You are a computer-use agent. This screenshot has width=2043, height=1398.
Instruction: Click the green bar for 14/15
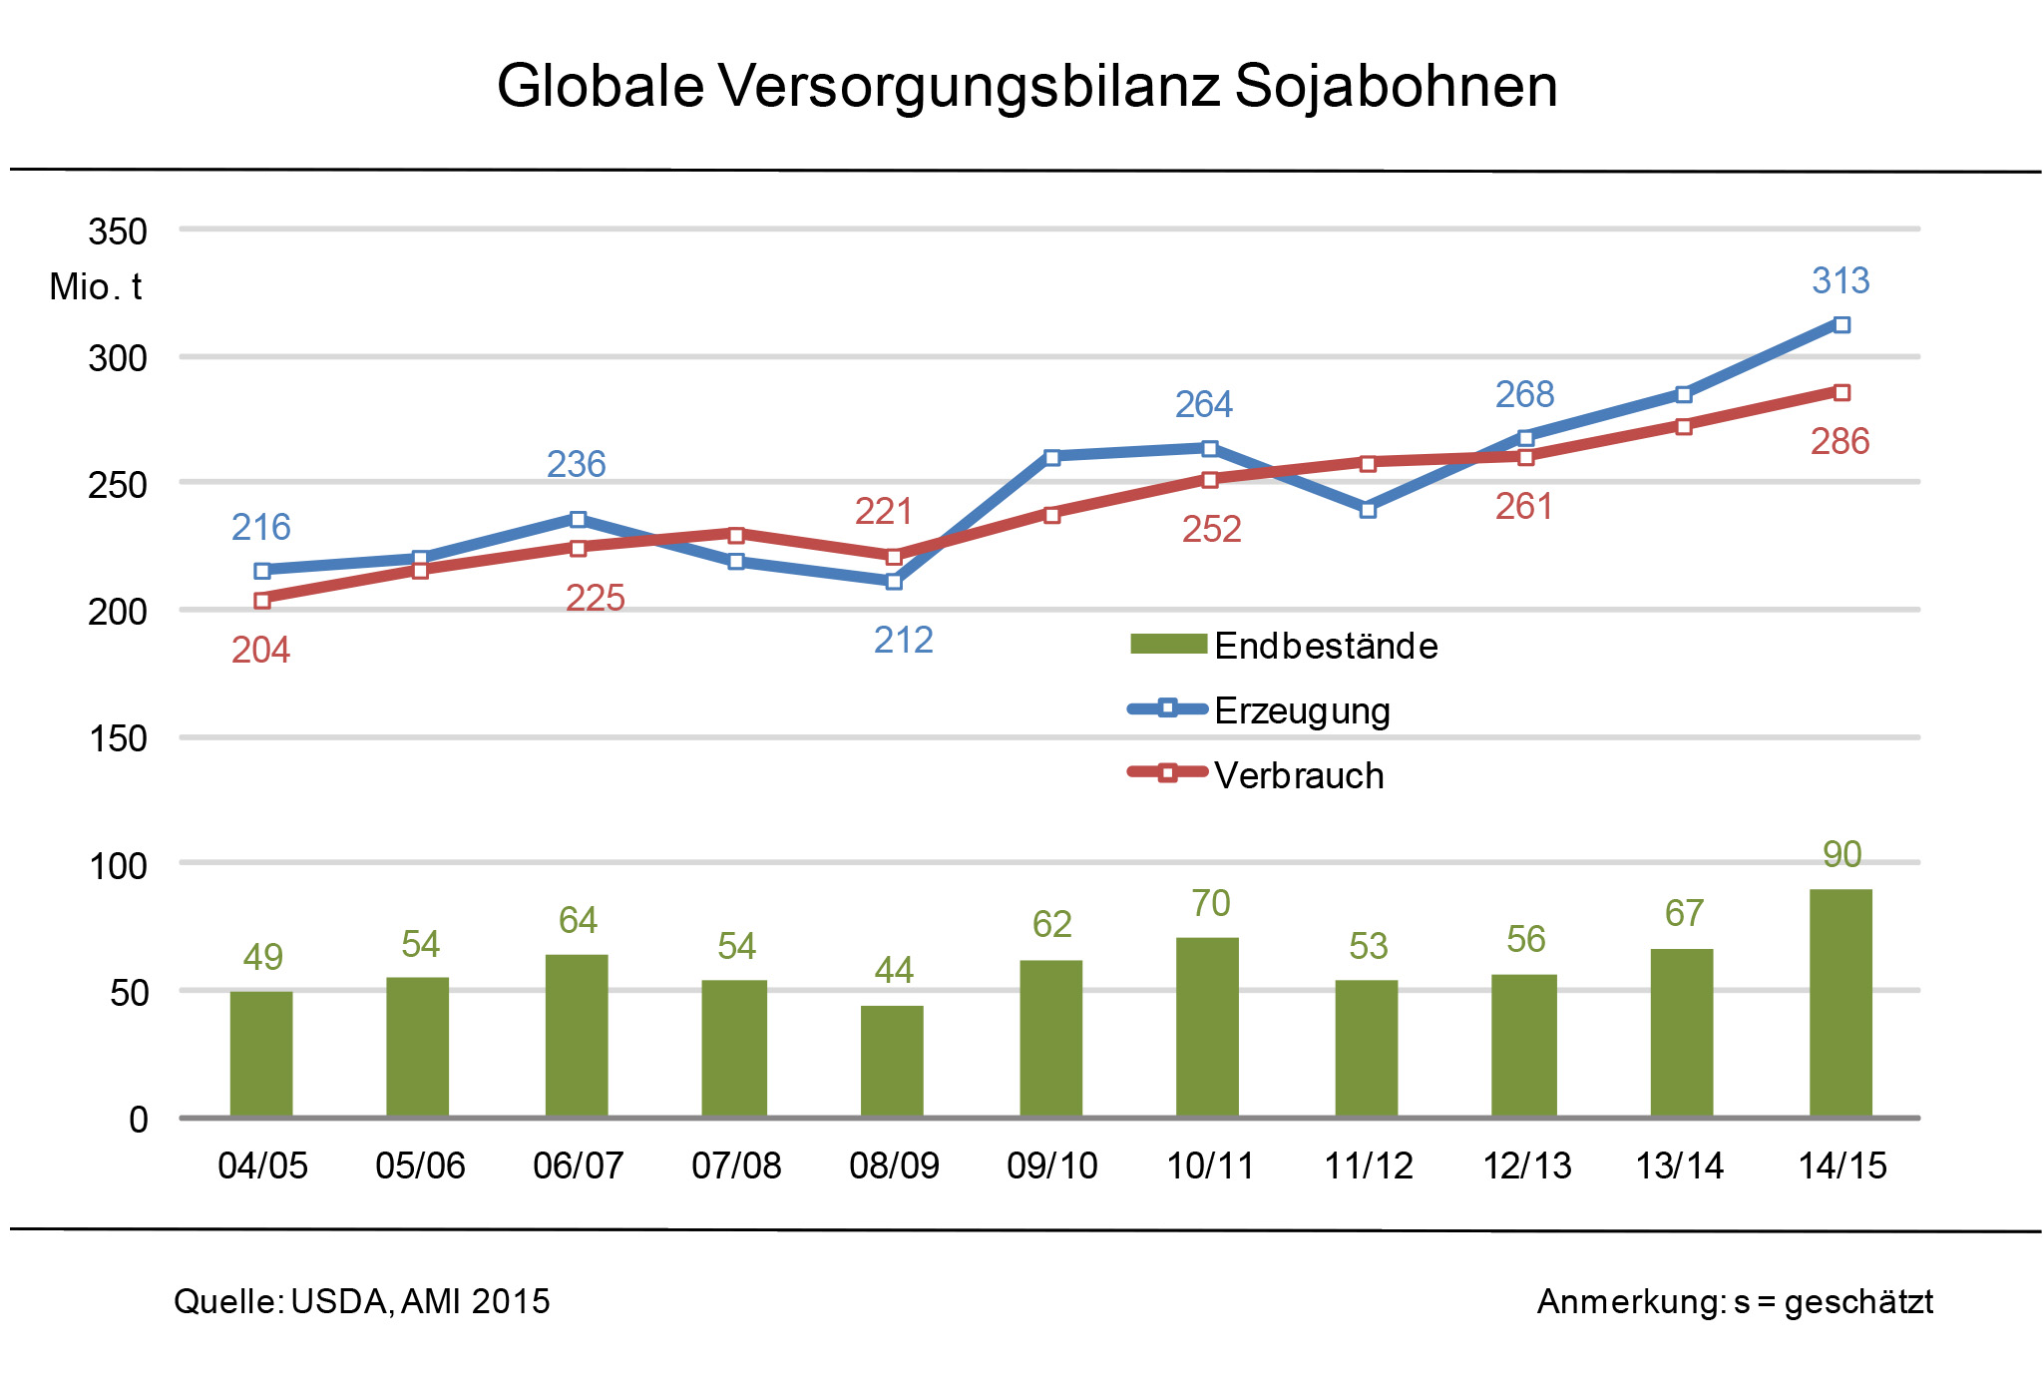pos(1840,1002)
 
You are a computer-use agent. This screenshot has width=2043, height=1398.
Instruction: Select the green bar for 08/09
pos(892,1061)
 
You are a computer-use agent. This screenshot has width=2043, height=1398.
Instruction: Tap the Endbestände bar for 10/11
pos(1207,1027)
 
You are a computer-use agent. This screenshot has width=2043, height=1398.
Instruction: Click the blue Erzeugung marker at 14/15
pos(1841,325)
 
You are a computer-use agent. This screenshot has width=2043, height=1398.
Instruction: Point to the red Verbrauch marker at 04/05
pos(262,600)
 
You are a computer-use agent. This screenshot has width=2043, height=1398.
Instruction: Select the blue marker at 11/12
pos(1368,510)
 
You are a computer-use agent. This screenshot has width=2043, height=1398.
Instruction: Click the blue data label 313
pos(1840,281)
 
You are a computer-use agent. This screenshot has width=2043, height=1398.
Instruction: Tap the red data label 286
pos(1839,441)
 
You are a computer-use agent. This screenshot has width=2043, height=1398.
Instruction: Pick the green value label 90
pos(1841,854)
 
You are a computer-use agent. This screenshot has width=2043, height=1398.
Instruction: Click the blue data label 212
pos(903,640)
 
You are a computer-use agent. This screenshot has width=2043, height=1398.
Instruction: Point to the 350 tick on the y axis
pos(118,232)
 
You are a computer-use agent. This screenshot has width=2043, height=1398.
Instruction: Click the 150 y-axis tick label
pos(118,738)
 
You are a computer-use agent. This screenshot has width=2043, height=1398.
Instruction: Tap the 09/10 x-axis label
pos(1051,1165)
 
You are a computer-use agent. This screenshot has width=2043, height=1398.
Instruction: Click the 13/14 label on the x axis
pos(1680,1165)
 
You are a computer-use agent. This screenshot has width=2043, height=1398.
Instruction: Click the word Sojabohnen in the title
pos(1396,86)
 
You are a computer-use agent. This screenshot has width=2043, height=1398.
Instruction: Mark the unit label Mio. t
pos(96,287)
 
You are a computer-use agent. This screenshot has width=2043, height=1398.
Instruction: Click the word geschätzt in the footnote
pos(1858,1301)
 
